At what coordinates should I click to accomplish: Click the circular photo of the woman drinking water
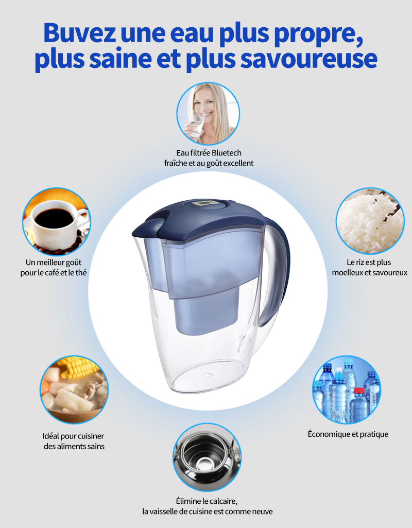point(208,114)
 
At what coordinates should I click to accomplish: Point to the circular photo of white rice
point(370,221)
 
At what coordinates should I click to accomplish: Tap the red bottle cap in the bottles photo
point(359,391)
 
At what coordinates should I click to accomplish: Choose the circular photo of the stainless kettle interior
point(207,457)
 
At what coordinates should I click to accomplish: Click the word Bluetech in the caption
point(227,153)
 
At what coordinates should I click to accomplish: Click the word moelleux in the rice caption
point(348,272)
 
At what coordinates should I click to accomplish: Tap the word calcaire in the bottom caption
point(222,501)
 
